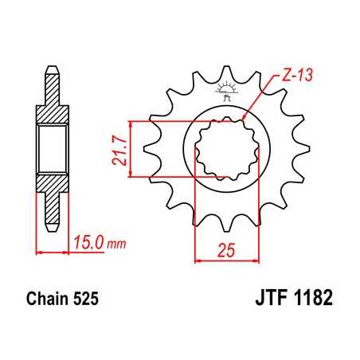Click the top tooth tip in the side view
[x=52, y=72]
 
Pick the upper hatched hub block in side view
[x=52, y=115]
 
